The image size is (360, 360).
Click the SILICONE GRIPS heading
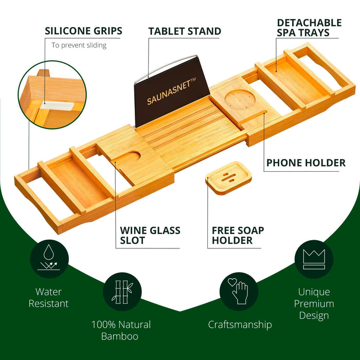(x=83, y=31)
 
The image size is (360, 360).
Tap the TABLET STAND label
(x=185, y=31)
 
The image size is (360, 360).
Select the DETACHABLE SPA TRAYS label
(x=309, y=28)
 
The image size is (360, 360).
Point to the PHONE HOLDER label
(x=305, y=163)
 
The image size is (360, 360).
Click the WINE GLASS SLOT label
(x=150, y=235)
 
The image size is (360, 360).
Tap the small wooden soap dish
(x=229, y=176)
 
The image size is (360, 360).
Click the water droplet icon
(x=49, y=259)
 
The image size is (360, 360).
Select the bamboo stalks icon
(x=122, y=291)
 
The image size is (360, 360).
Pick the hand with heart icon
(x=239, y=291)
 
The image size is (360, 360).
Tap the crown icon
(x=313, y=259)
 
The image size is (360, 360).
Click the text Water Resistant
(x=49, y=298)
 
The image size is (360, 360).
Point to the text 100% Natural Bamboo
(x=121, y=330)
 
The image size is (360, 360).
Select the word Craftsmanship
(x=240, y=325)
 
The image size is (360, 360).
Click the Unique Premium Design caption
(x=314, y=303)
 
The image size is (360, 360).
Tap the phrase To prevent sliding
(x=79, y=45)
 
